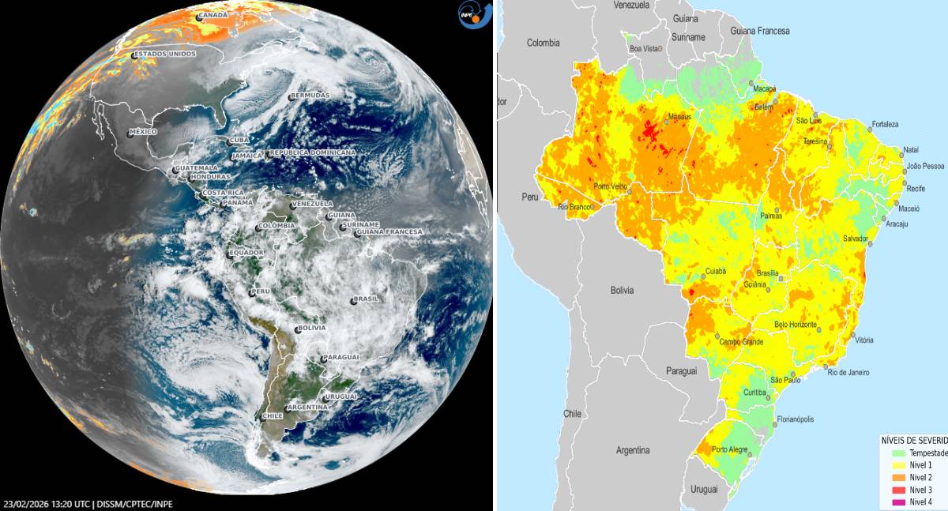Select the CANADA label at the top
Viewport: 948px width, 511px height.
[212, 16]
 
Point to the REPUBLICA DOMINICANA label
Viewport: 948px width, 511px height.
[312, 152]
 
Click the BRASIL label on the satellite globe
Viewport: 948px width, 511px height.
[367, 299]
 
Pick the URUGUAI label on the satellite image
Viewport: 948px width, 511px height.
[341, 396]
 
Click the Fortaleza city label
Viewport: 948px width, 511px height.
[885, 125]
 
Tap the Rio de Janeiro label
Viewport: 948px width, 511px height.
[849, 372]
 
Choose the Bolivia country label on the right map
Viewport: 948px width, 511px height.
[622, 291]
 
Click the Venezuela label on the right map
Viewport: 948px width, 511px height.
[631, 5]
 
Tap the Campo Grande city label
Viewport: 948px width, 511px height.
[741, 342]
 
